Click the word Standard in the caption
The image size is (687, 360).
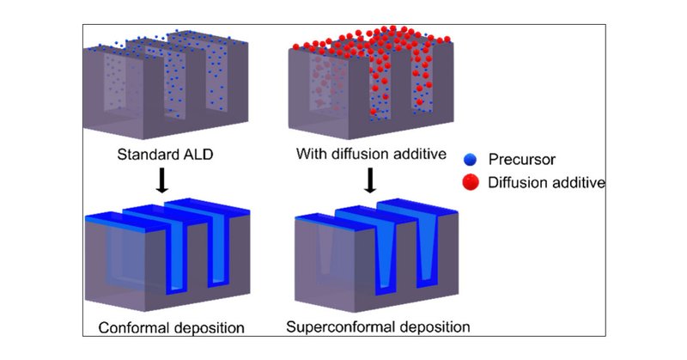click(x=145, y=156)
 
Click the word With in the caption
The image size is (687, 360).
click(x=311, y=156)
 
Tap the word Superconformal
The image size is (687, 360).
click(x=340, y=327)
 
